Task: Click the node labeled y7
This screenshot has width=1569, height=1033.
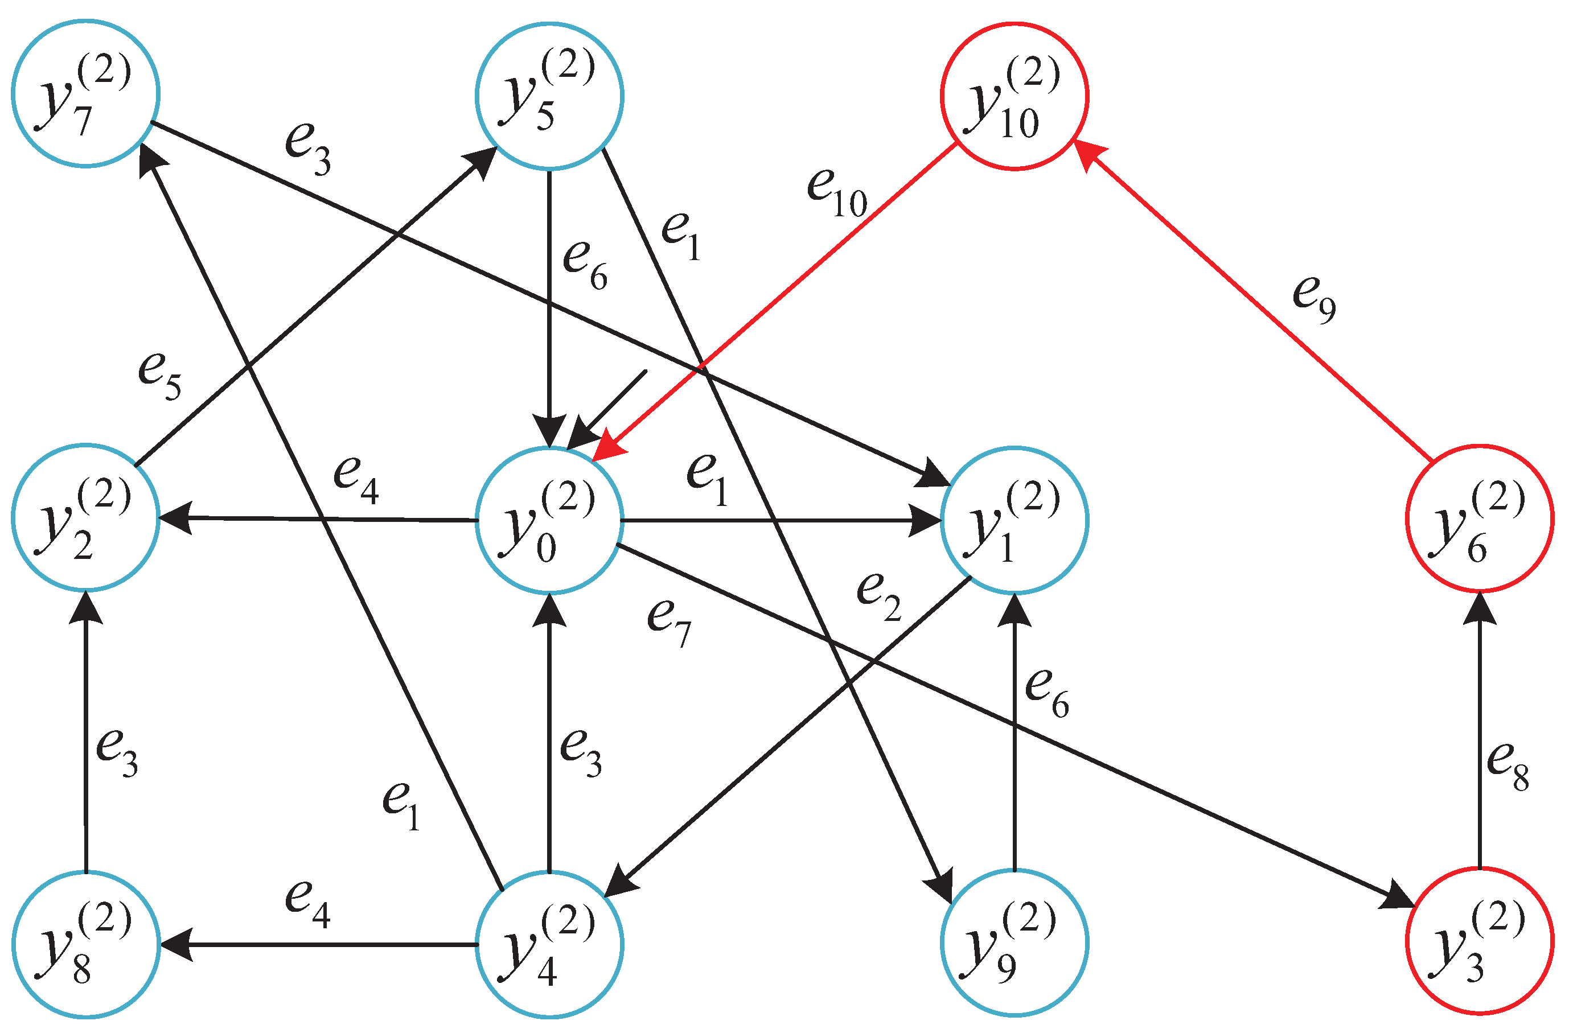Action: tap(86, 93)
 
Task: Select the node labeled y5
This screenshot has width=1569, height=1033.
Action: tap(549, 96)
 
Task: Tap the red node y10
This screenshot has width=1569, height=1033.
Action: tap(1014, 96)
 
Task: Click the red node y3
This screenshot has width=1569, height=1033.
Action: tap(1480, 941)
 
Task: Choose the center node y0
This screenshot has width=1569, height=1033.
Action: tap(549, 520)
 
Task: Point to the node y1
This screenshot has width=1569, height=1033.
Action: tap(1014, 520)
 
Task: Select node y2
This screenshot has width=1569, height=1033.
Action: tap(86, 518)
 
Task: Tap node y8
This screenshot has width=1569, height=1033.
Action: tap(86, 944)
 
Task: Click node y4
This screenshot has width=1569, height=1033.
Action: tap(549, 944)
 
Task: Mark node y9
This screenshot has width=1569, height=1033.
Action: tap(1014, 943)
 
